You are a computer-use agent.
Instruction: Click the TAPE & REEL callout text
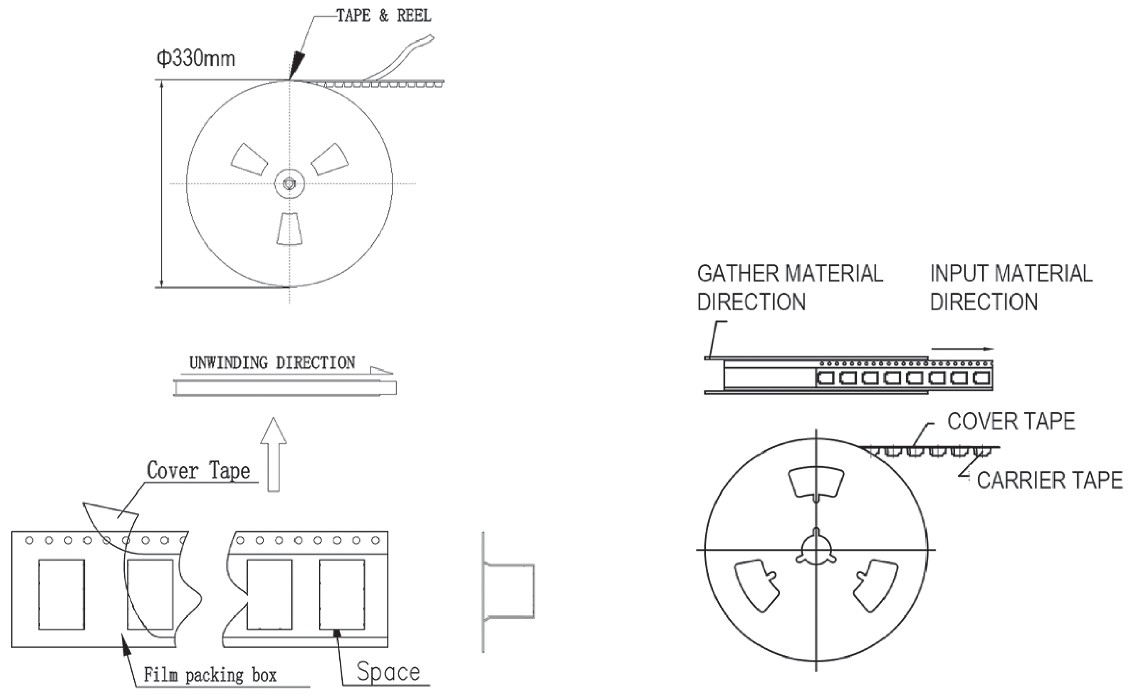point(384,16)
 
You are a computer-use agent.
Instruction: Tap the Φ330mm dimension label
point(196,59)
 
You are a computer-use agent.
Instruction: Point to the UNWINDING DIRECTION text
point(272,363)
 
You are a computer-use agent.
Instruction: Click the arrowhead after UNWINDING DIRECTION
point(382,371)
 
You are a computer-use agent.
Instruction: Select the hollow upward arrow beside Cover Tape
point(274,455)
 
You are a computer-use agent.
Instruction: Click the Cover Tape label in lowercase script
point(198,471)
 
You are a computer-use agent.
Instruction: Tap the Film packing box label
point(210,675)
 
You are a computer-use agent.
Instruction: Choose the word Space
point(388,672)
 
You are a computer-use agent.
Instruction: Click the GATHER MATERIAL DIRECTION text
point(790,288)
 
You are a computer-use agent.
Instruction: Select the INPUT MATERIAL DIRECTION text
point(1011,288)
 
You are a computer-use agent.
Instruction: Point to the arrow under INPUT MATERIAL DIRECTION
point(962,349)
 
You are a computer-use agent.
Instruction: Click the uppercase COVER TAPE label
point(1011,421)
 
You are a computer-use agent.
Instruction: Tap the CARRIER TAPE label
point(1049,480)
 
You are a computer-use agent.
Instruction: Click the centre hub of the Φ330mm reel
point(289,183)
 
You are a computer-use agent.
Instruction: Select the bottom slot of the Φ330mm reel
point(289,229)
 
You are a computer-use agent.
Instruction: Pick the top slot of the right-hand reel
point(816,482)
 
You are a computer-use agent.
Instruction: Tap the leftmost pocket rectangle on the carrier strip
point(62,594)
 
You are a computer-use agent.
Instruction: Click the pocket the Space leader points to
point(342,594)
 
